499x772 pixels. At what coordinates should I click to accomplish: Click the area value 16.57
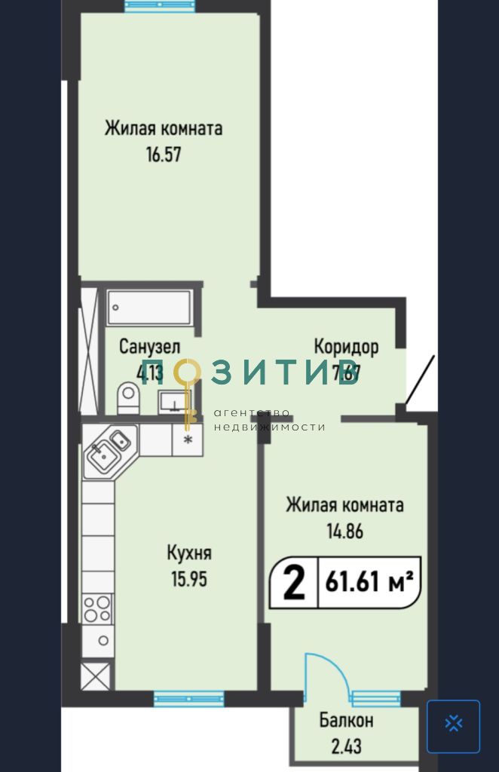click(164, 155)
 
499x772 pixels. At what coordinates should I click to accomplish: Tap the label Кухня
click(188, 553)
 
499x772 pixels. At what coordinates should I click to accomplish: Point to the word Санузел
click(149, 348)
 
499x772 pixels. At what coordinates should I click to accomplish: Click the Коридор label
click(346, 348)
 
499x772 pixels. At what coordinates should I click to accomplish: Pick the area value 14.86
click(344, 531)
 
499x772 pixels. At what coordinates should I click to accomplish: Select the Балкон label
click(346, 721)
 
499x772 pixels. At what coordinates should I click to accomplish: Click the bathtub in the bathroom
click(148, 307)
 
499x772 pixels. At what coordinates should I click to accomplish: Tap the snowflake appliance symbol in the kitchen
click(188, 439)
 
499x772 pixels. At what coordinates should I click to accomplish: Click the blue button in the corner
click(453, 726)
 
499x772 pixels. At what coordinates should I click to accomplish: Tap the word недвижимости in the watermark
click(269, 427)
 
